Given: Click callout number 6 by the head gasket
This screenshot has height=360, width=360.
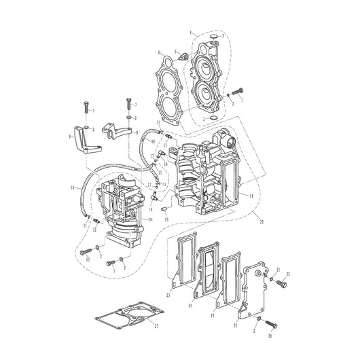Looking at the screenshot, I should pos(160,52).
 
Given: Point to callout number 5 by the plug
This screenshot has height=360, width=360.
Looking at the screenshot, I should pos(176,51).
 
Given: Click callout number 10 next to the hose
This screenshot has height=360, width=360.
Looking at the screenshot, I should pos(73,187).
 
